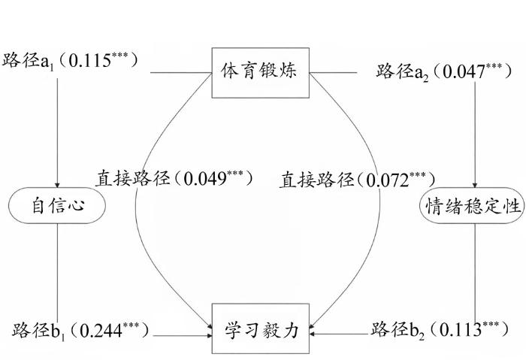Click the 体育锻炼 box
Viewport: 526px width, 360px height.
pos(260,73)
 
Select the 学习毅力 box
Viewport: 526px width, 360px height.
pos(260,328)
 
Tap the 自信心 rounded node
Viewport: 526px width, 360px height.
pos(57,205)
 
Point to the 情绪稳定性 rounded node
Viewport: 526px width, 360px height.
pos(473,205)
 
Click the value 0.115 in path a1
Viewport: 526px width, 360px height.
pos(89,61)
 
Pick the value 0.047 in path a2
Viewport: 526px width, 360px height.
pos(464,72)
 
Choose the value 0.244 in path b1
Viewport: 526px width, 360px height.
pos(101,331)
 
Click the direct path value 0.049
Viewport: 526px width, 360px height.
pos(205,178)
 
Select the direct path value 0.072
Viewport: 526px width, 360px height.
pos(388,180)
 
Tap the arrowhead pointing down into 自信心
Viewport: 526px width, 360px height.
pos(57,185)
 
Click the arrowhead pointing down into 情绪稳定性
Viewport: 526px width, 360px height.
pos(475,185)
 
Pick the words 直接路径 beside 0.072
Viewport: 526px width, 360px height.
pos(316,180)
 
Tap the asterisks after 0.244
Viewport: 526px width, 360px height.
pos(131,325)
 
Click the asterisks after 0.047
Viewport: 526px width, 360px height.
pos(494,66)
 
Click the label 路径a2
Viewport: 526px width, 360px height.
pos(402,72)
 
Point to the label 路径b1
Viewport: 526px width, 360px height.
pos(38,331)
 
